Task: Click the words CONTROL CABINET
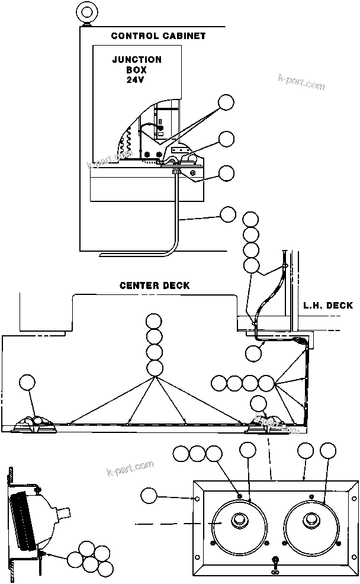158,36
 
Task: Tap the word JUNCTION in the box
137,60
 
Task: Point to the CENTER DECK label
155,285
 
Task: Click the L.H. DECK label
327,306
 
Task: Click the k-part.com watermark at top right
301,82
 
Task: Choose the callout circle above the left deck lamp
28,383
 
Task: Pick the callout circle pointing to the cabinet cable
228,214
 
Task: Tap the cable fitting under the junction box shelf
176,172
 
